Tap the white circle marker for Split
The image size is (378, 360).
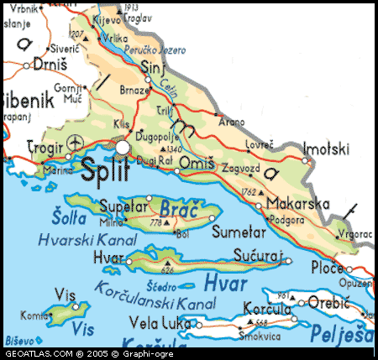coord(123,148)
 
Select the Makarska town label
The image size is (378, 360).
coord(297,203)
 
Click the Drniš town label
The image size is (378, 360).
coord(48,65)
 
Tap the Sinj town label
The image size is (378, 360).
coord(152,66)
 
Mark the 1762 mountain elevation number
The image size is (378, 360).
coord(249,192)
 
